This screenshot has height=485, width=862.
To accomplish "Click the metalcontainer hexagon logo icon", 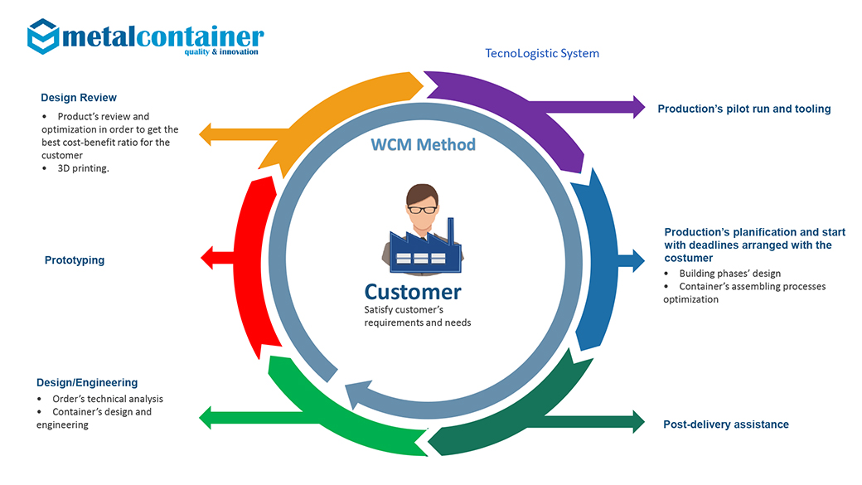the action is [x=43, y=36].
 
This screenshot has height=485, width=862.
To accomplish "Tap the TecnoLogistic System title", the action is [x=542, y=53].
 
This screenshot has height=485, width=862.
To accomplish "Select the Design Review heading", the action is [x=79, y=97].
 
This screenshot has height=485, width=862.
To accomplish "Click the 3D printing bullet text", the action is [x=83, y=168].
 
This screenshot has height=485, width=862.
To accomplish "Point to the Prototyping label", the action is [x=75, y=260].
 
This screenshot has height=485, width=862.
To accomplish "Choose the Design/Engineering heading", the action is [x=87, y=382].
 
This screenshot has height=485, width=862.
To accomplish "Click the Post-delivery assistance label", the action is [x=726, y=424].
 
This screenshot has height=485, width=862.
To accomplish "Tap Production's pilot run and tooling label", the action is [x=743, y=109].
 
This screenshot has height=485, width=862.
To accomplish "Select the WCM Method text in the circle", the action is [x=423, y=144].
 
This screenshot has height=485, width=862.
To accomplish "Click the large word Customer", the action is [x=412, y=292].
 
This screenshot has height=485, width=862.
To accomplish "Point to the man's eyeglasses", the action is [x=422, y=210].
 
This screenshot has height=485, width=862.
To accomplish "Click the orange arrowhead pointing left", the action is [x=205, y=134].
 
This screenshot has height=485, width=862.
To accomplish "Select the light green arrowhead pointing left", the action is [x=205, y=418].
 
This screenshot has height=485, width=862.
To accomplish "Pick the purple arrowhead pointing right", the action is [x=639, y=107].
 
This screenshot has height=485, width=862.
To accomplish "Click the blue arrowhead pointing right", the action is [x=639, y=260].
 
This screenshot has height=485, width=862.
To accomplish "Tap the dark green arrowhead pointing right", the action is [x=639, y=422].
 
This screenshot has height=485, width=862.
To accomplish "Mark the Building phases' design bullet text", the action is [x=729, y=274].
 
